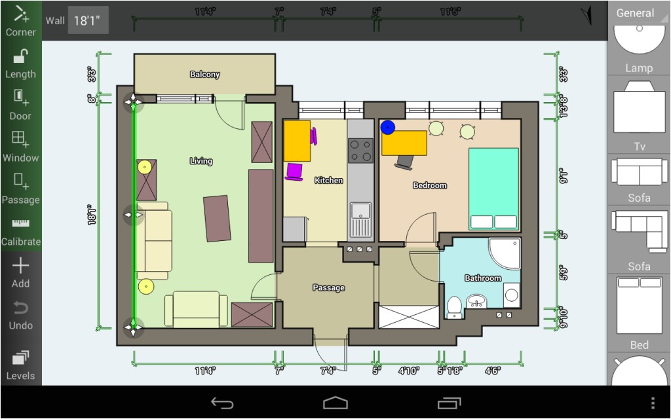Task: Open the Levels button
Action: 20,365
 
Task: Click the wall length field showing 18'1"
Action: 88,20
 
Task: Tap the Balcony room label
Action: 204,75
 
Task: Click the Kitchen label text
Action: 328,180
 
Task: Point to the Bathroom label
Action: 482,278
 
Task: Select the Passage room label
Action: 328,287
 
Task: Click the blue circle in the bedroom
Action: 388,128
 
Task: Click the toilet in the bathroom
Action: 453,307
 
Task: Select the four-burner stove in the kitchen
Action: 360,150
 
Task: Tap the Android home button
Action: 335,403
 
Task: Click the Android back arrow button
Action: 222,403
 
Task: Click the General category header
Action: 635,12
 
